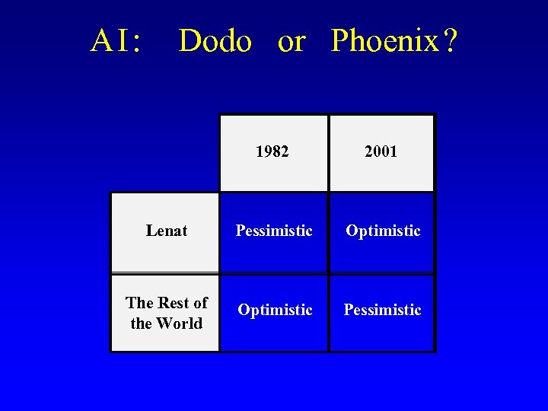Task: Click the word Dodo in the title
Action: (x=215, y=41)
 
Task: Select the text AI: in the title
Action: (x=116, y=41)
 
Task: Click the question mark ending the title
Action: (x=450, y=41)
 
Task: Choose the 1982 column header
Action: (x=272, y=151)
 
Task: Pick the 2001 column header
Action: (x=381, y=151)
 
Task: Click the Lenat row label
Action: (x=166, y=231)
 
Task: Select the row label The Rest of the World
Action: (x=166, y=313)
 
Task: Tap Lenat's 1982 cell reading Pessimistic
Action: (x=274, y=231)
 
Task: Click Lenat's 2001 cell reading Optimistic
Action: (x=383, y=231)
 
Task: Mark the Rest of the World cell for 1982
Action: (x=275, y=310)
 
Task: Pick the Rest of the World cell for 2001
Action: (x=382, y=310)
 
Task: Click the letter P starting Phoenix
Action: (x=339, y=41)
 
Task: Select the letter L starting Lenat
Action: (x=151, y=231)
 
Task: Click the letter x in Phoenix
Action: (x=431, y=43)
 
